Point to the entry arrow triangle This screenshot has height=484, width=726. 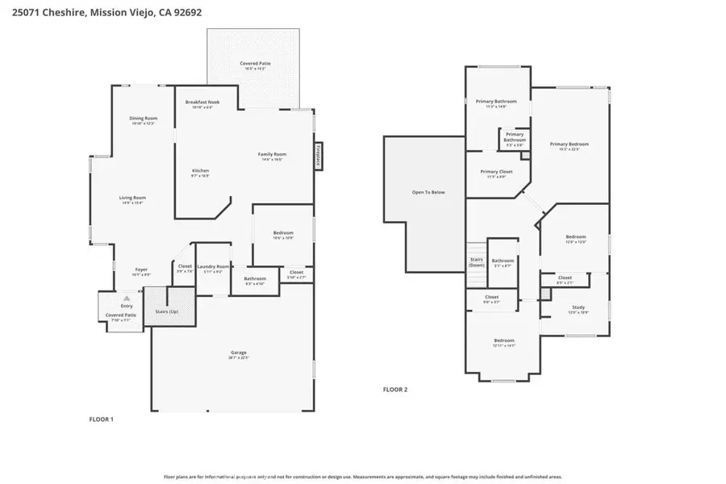(x=126, y=298)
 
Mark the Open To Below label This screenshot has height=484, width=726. (x=428, y=192)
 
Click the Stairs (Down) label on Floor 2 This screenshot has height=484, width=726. (x=477, y=262)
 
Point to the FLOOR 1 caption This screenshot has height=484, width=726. (x=101, y=419)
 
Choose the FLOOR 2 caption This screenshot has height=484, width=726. (x=395, y=389)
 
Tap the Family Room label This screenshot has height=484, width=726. (x=273, y=156)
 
